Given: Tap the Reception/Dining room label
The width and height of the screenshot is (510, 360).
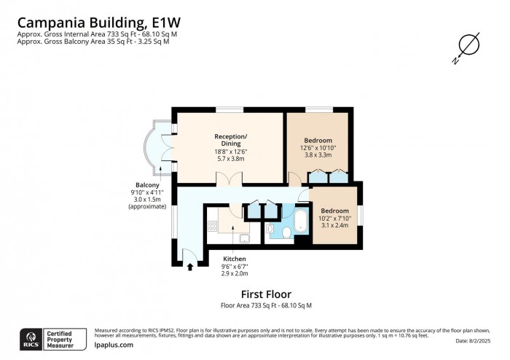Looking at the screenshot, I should coord(230,140).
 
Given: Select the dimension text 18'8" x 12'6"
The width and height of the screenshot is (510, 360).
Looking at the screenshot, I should coord(230,152).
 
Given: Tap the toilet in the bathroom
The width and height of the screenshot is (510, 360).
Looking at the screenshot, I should coord(287,232).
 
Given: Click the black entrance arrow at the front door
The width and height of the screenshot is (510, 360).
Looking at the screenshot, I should coord(190,267).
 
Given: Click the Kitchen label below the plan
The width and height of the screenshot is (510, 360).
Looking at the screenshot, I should coord(234,259).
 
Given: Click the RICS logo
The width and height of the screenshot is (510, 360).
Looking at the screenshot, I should coord(31,338).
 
